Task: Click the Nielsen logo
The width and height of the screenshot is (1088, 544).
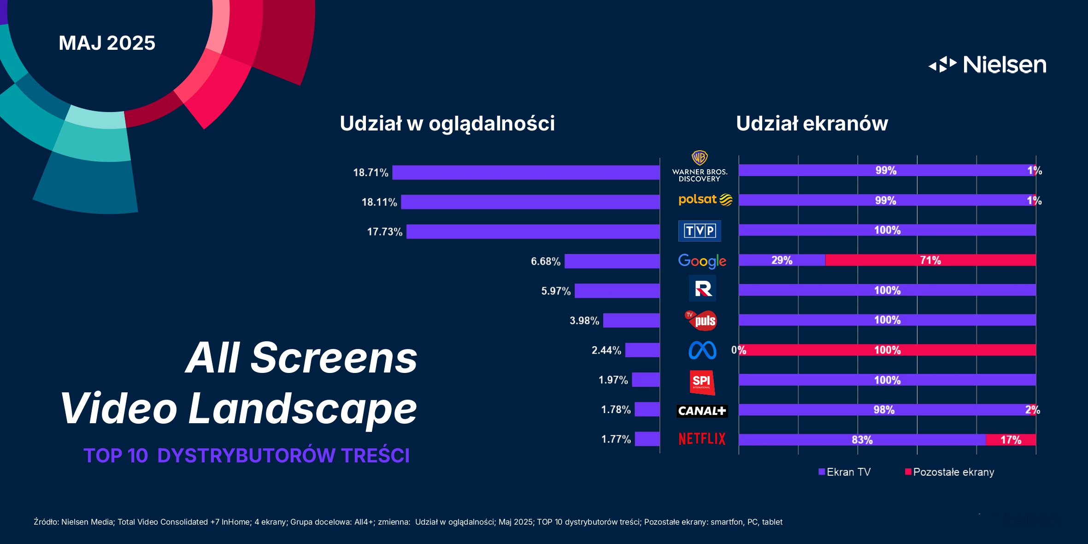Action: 987,65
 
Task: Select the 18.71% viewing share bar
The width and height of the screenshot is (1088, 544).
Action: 525,172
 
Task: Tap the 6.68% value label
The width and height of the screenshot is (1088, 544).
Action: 546,261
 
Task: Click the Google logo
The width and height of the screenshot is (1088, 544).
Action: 702,261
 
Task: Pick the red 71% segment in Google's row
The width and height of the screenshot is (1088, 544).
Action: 930,260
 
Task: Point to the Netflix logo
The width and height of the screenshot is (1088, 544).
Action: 702,439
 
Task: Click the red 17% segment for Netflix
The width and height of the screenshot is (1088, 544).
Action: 1011,440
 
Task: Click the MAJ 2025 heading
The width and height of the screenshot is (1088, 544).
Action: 107,43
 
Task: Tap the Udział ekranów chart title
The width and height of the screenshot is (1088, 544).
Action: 812,124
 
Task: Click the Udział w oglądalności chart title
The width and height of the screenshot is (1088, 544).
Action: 447,124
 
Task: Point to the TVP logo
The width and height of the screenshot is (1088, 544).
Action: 700,231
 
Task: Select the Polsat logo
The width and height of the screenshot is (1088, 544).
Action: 705,200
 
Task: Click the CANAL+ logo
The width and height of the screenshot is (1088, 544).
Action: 702,411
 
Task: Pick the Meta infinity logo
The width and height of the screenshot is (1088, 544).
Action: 702,350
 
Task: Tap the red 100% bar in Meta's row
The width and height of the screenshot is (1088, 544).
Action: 887,350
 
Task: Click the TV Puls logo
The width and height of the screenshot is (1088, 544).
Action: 701,320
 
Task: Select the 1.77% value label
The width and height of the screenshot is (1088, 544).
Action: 616,439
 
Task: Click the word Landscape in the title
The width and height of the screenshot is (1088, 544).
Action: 302,408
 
